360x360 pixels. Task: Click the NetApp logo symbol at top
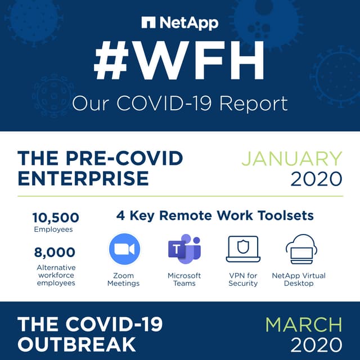[x=148, y=23]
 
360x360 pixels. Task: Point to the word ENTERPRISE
[x=83, y=178]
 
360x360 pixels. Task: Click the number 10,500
[x=56, y=218]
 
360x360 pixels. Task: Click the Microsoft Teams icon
[x=184, y=249]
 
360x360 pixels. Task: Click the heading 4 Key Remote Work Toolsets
[x=215, y=215]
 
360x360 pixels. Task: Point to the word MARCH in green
[x=304, y=325]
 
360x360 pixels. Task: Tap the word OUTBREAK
[x=76, y=343]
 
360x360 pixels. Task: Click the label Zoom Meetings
[x=124, y=279]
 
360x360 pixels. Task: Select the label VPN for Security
[x=243, y=279]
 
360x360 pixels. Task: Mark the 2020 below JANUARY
[x=316, y=179]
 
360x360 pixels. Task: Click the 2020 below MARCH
[x=316, y=345]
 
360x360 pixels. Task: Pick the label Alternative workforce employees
[x=56, y=275]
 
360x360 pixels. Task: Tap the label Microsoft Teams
[x=184, y=279]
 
